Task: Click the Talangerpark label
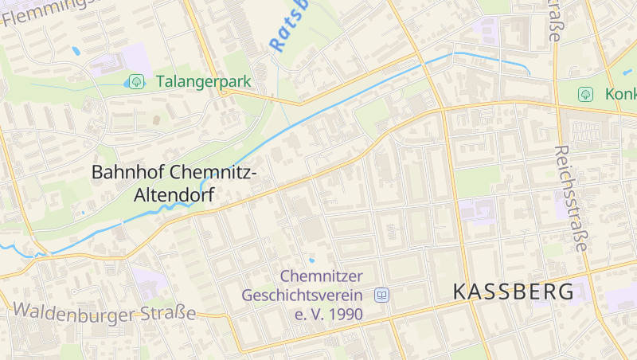(204, 81)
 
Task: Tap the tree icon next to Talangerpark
(136, 81)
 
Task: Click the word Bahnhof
(124, 172)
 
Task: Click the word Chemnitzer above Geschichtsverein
(321, 276)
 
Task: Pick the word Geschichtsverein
(303, 295)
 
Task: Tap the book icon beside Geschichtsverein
(381, 295)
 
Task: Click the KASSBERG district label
(514, 292)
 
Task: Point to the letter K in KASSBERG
(459, 292)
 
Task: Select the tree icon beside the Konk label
(585, 94)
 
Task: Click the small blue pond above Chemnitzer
(311, 260)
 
